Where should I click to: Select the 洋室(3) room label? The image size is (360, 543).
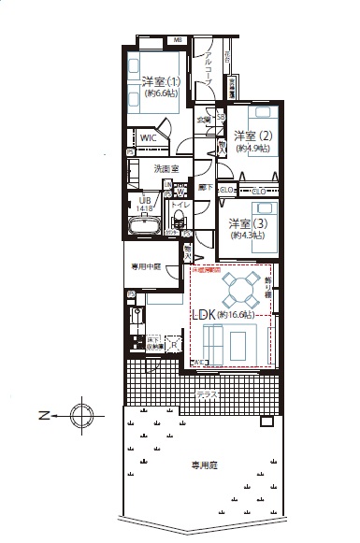246,223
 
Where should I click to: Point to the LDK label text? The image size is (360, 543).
204,315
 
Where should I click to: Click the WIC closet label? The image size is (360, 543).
150,137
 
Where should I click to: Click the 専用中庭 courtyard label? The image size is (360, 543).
148,265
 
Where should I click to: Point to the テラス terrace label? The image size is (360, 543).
208,395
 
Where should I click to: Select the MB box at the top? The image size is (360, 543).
179,39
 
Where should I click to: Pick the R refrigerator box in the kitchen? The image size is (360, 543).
172,344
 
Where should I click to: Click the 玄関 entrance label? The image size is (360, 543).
203,120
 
